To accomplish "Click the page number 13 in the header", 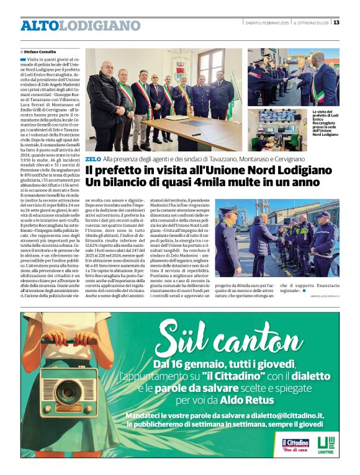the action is point(336,23).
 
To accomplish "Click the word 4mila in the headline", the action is point(207,183).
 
